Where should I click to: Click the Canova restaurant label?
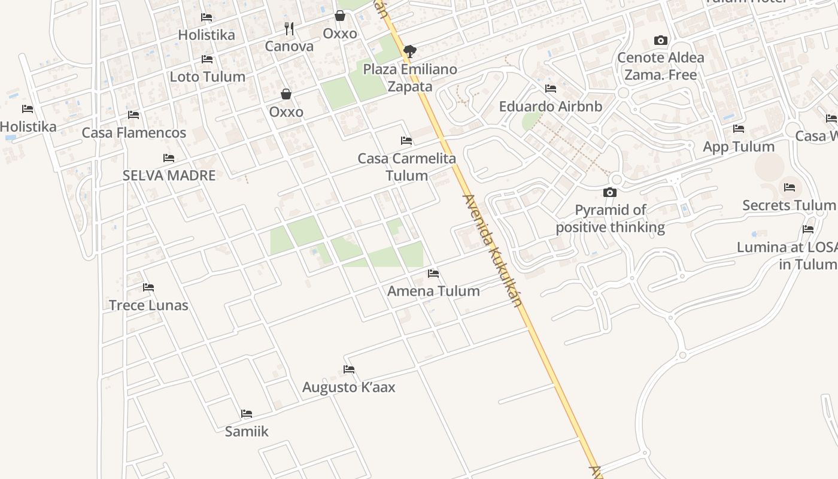[289, 46]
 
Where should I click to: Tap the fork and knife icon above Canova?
[289, 28]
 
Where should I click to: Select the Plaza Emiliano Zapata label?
[410, 78]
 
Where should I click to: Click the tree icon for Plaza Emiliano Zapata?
[409, 51]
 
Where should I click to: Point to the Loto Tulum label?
[207, 77]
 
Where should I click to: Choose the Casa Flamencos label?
[134, 132]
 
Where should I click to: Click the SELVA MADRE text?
[169, 175]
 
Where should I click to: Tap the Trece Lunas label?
[148, 305]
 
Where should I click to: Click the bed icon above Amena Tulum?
[433, 274]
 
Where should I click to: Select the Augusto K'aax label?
[348, 387]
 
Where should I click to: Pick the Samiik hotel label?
[247, 431]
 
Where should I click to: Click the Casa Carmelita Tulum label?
[406, 167]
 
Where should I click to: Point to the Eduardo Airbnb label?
[551, 107]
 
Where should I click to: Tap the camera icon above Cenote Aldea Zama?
[661, 41]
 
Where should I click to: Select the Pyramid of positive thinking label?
[610, 219]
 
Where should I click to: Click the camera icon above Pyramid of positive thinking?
[610, 192]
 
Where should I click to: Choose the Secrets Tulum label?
[788, 205]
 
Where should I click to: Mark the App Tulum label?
[739, 147]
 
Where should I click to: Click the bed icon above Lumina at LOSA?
[808, 229]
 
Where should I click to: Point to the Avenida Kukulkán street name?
[493, 250]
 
